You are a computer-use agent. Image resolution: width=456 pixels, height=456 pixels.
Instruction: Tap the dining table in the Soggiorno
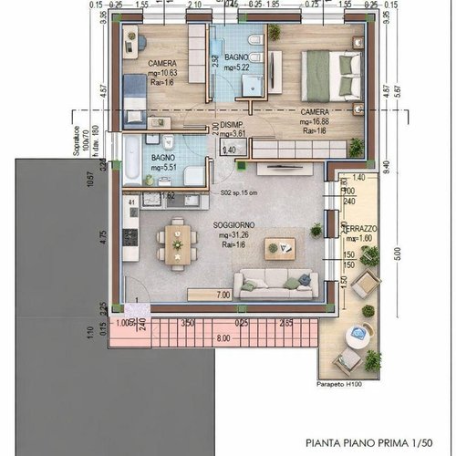pyautogui.click(x=175, y=244)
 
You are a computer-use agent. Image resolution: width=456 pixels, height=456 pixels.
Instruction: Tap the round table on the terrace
pyautogui.click(x=353, y=345)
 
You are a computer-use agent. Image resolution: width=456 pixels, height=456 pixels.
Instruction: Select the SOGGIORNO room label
pyautogui.click(x=233, y=224)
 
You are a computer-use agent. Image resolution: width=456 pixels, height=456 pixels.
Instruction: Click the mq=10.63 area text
pyautogui.click(x=162, y=73)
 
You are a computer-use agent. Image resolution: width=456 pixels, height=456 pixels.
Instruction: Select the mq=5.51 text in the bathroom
pyautogui.click(x=165, y=168)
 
